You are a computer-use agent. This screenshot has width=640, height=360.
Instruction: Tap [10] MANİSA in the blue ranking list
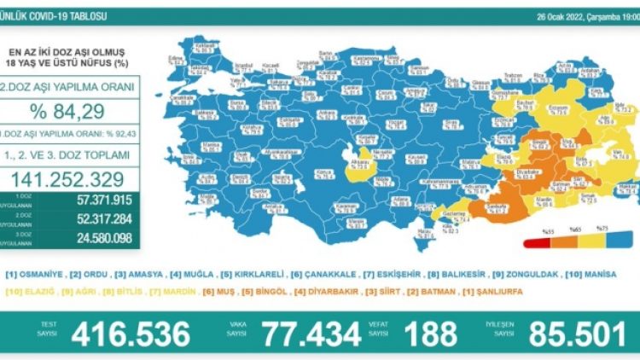[x=589, y=274]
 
